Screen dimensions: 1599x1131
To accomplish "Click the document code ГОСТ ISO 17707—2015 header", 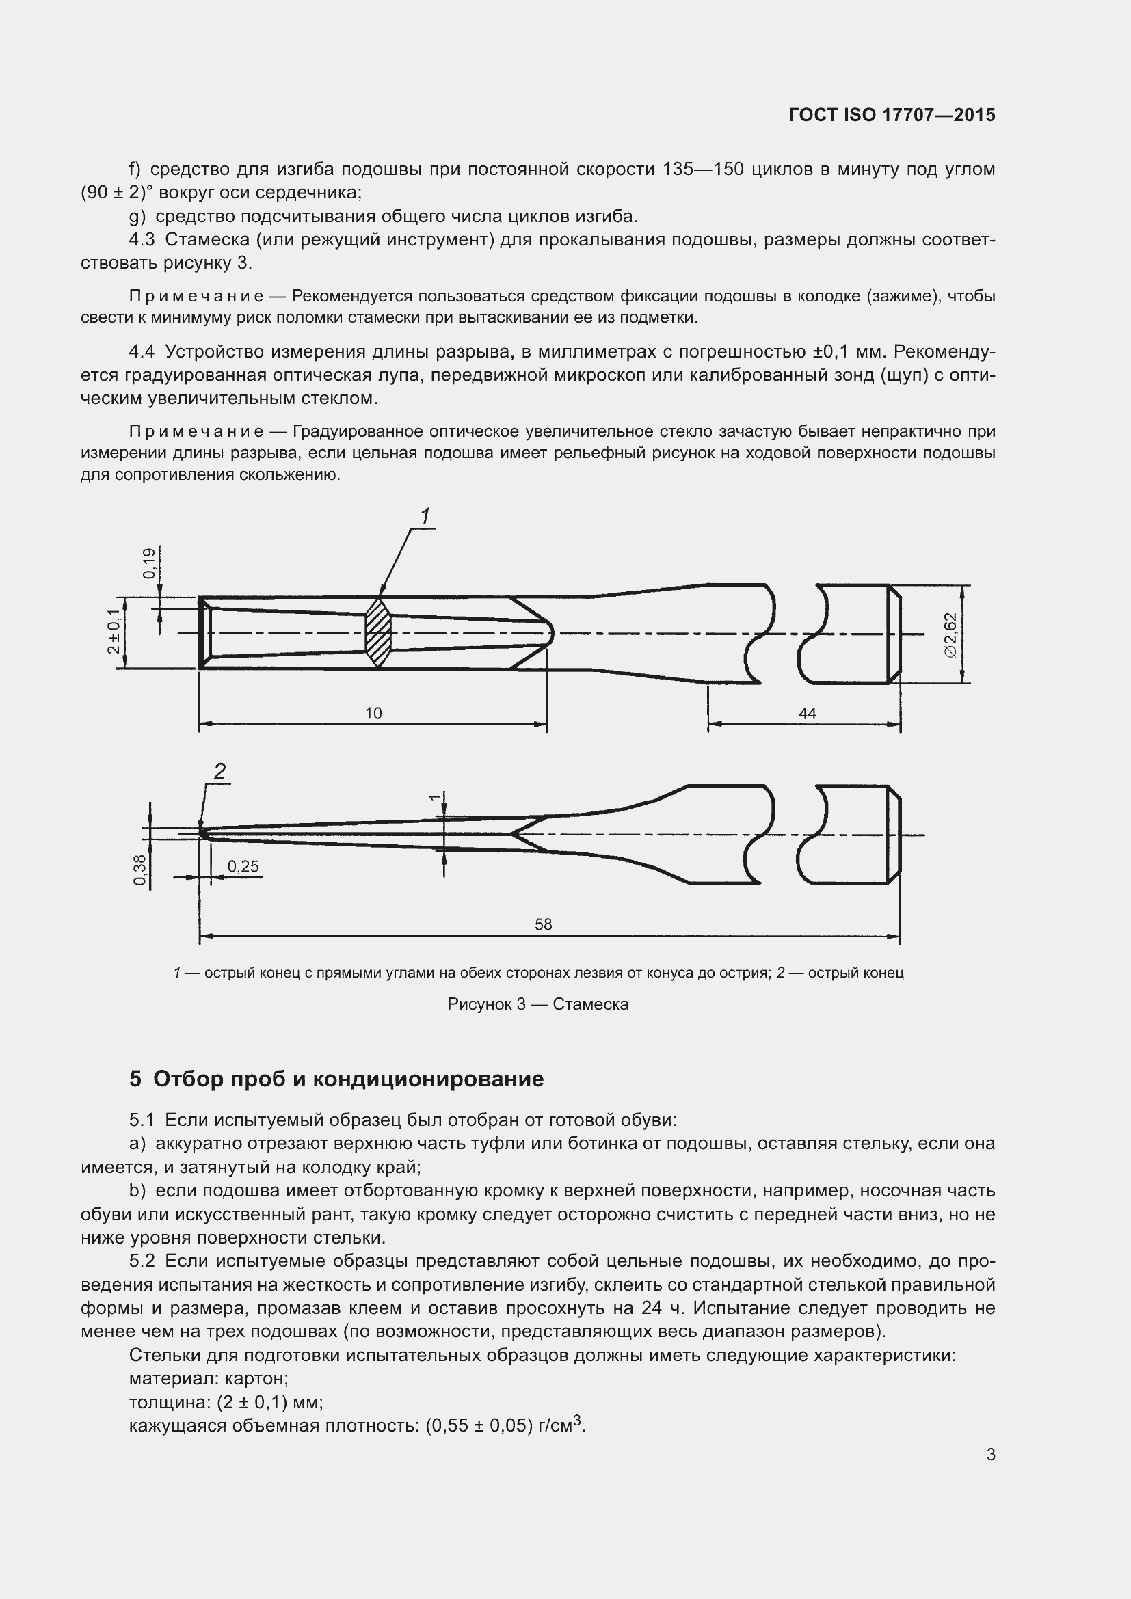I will point(892,115).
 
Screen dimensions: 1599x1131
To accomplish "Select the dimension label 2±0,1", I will point(114,631).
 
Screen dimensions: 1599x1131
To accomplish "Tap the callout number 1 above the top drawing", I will point(425,517).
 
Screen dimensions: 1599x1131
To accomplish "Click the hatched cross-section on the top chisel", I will point(378,632).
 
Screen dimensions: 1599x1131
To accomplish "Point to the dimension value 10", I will point(373,713).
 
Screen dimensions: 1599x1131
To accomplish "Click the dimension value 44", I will point(807,713).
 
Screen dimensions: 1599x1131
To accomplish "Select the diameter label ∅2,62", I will point(950,634).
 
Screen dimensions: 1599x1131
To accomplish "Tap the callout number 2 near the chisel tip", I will point(219,771).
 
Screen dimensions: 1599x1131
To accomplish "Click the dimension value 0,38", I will point(140,870).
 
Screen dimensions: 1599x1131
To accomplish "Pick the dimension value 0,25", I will point(243,866).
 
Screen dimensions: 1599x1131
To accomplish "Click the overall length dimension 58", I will point(543,924).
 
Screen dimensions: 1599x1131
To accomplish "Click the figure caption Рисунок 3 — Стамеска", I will point(537,1004).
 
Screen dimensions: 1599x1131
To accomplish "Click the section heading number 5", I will point(135,1079).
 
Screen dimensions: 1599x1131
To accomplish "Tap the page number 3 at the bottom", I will point(990,1455).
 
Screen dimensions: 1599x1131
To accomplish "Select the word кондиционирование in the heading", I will point(427,1079).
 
